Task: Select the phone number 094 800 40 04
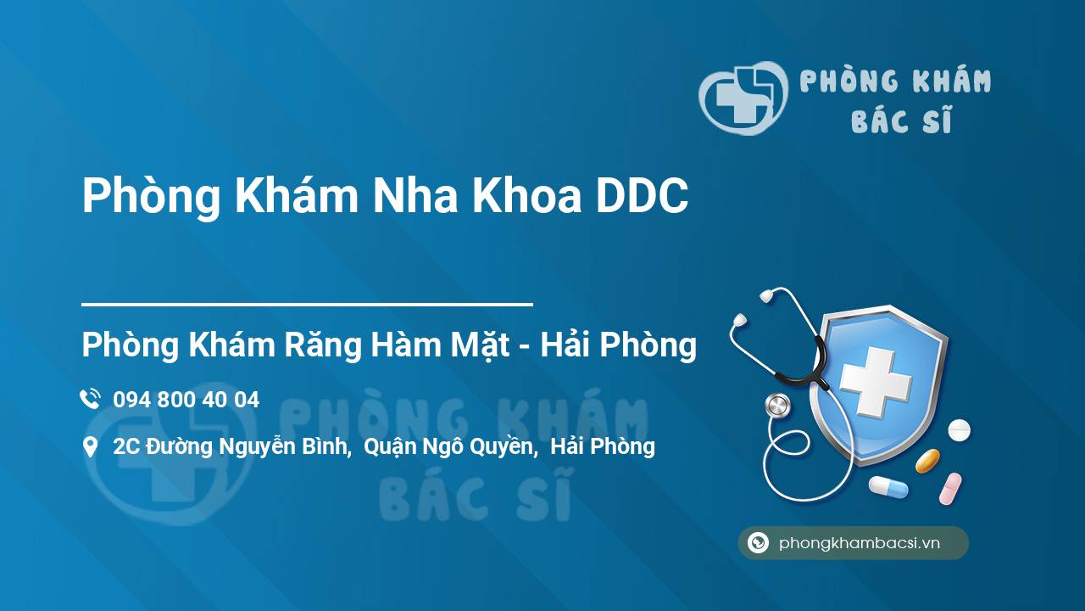click(x=186, y=400)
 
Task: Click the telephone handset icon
click(x=90, y=399)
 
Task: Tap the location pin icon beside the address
click(x=90, y=446)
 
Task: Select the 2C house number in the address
click(x=126, y=446)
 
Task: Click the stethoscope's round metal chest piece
click(x=777, y=406)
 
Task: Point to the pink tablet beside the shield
click(x=950, y=488)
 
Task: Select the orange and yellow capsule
click(x=927, y=461)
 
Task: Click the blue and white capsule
click(x=887, y=487)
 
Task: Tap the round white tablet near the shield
click(x=959, y=429)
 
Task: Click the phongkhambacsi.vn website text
click(x=860, y=543)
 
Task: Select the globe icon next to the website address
click(x=758, y=543)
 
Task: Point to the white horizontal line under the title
click(x=307, y=303)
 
